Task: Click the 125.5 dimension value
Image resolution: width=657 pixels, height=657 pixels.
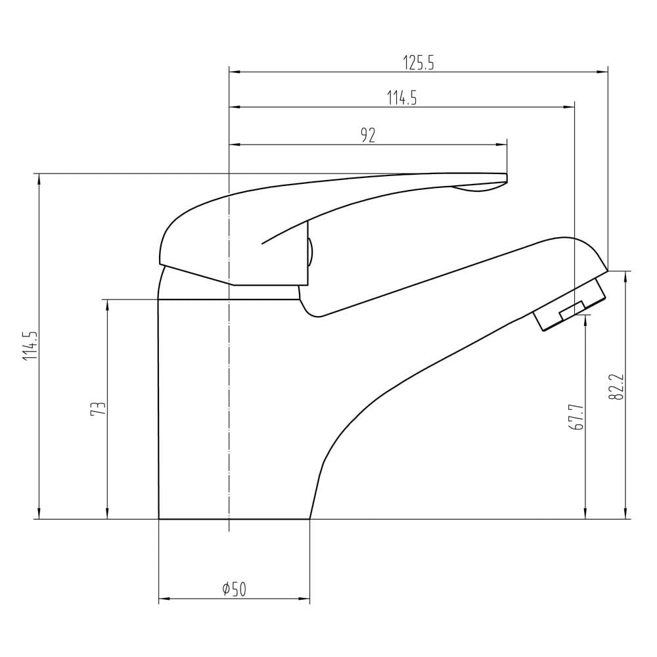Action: pyautogui.click(x=419, y=63)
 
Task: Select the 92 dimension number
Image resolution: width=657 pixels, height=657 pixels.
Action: pyautogui.click(x=368, y=135)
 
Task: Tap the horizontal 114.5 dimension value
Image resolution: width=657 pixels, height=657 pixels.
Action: pyautogui.click(x=402, y=98)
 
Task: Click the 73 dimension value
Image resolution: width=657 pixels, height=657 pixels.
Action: pyautogui.click(x=98, y=409)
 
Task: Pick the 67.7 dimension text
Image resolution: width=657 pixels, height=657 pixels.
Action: pyautogui.click(x=576, y=417)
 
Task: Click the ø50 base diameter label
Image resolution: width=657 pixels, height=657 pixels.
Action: pyautogui.click(x=235, y=589)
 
